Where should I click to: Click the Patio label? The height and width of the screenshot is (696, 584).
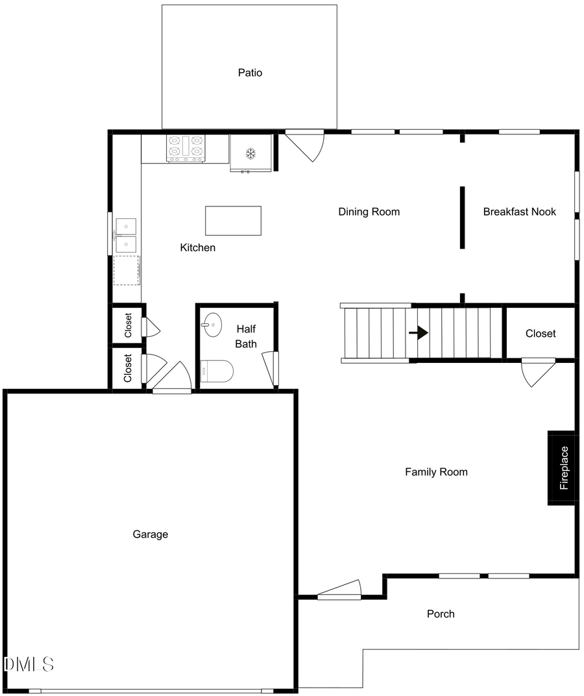250,73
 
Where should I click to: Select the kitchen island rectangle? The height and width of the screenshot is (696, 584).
233,221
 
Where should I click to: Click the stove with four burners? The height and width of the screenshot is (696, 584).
186,148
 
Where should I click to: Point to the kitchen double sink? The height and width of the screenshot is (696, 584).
126,235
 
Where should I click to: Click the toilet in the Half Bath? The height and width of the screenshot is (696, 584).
217,372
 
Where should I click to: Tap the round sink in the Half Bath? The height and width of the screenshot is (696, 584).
212,324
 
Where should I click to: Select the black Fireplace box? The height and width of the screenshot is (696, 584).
562,467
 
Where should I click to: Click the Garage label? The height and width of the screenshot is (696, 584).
151,534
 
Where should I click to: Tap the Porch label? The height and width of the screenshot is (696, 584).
441,614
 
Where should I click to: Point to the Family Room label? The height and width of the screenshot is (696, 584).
436,472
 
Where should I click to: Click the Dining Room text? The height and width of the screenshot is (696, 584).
369,212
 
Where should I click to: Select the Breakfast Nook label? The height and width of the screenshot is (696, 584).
519,212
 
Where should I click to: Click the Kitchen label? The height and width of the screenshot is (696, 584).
197,247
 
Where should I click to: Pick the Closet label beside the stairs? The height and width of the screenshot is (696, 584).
541,333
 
